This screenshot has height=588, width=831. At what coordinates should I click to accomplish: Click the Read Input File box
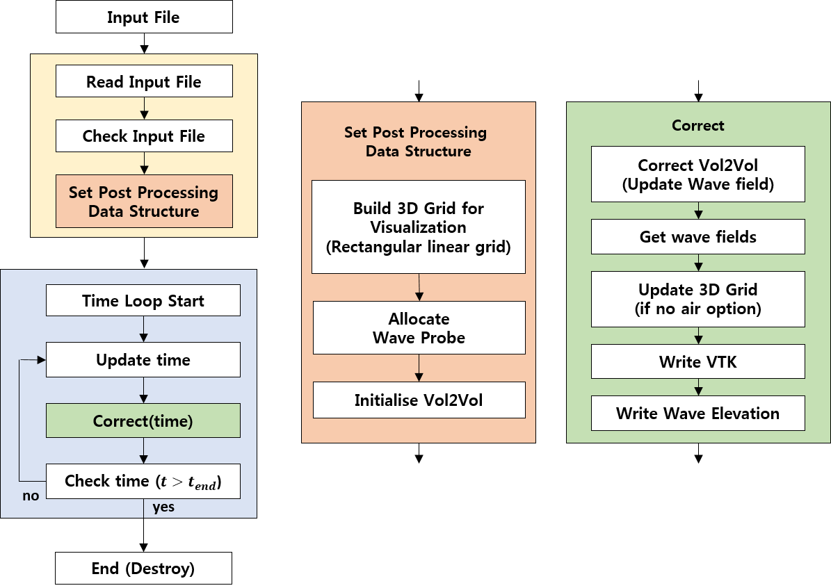pos(144,81)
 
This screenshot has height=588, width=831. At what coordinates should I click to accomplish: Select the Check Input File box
pos(144,136)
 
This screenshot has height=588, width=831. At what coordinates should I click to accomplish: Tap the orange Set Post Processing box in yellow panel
pos(144,202)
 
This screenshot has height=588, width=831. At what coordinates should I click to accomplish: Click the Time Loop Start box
pos(143,301)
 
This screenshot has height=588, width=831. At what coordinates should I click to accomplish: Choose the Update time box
pos(143,360)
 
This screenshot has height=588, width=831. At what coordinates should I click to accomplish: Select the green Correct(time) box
pos(143,421)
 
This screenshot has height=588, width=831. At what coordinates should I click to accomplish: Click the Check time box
pos(143,481)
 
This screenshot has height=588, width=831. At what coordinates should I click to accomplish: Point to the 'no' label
pos(31,496)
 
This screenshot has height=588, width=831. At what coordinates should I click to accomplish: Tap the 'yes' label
pos(163,507)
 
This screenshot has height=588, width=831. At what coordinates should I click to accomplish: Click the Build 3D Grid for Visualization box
pos(419,227)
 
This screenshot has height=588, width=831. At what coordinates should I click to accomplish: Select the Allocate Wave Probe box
pos(419,328)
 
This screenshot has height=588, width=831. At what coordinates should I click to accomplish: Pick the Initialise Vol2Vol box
pos(419,400)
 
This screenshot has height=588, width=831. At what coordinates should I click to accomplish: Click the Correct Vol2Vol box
pos(697,174)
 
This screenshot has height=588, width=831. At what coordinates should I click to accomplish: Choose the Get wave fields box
pos(697,237)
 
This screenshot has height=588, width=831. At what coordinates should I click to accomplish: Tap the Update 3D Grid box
pos(697,299)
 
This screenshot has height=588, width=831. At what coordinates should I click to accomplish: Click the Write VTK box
pos(697,361)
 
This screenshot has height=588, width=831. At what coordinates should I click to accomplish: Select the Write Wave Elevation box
pos(697,414)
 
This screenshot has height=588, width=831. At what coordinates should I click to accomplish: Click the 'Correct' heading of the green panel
pos(697,126)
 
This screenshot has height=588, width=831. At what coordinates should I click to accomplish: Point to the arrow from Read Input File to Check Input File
pos(144,108)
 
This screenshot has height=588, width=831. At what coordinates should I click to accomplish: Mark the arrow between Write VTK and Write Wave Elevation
pos(697,387)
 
